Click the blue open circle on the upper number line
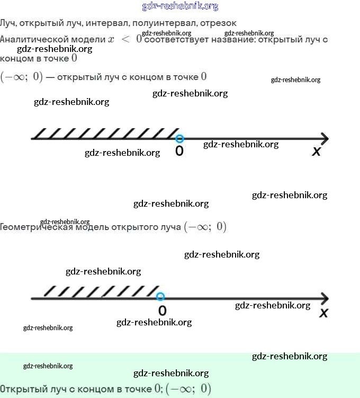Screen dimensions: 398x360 click(x=179, y=139)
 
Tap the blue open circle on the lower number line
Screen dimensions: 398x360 click(x=161, y=297)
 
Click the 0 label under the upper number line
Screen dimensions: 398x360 click(x=179, y=152)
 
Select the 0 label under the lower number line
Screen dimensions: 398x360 click(x=162, y=310)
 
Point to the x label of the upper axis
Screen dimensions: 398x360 click(x=317, y=152)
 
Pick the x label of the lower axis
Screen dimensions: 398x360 click(x=324, y=313)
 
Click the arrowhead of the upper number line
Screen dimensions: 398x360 click(x=324, y=139)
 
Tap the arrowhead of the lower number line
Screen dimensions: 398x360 click(x=324, y=298)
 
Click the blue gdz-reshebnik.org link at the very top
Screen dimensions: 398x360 click(x=180, y=6)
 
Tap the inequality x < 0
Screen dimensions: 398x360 click(x=125, y=39)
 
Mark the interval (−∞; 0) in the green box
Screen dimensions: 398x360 click(x=188, y=389)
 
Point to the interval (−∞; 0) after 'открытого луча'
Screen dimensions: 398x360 click(x=205, y=227)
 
